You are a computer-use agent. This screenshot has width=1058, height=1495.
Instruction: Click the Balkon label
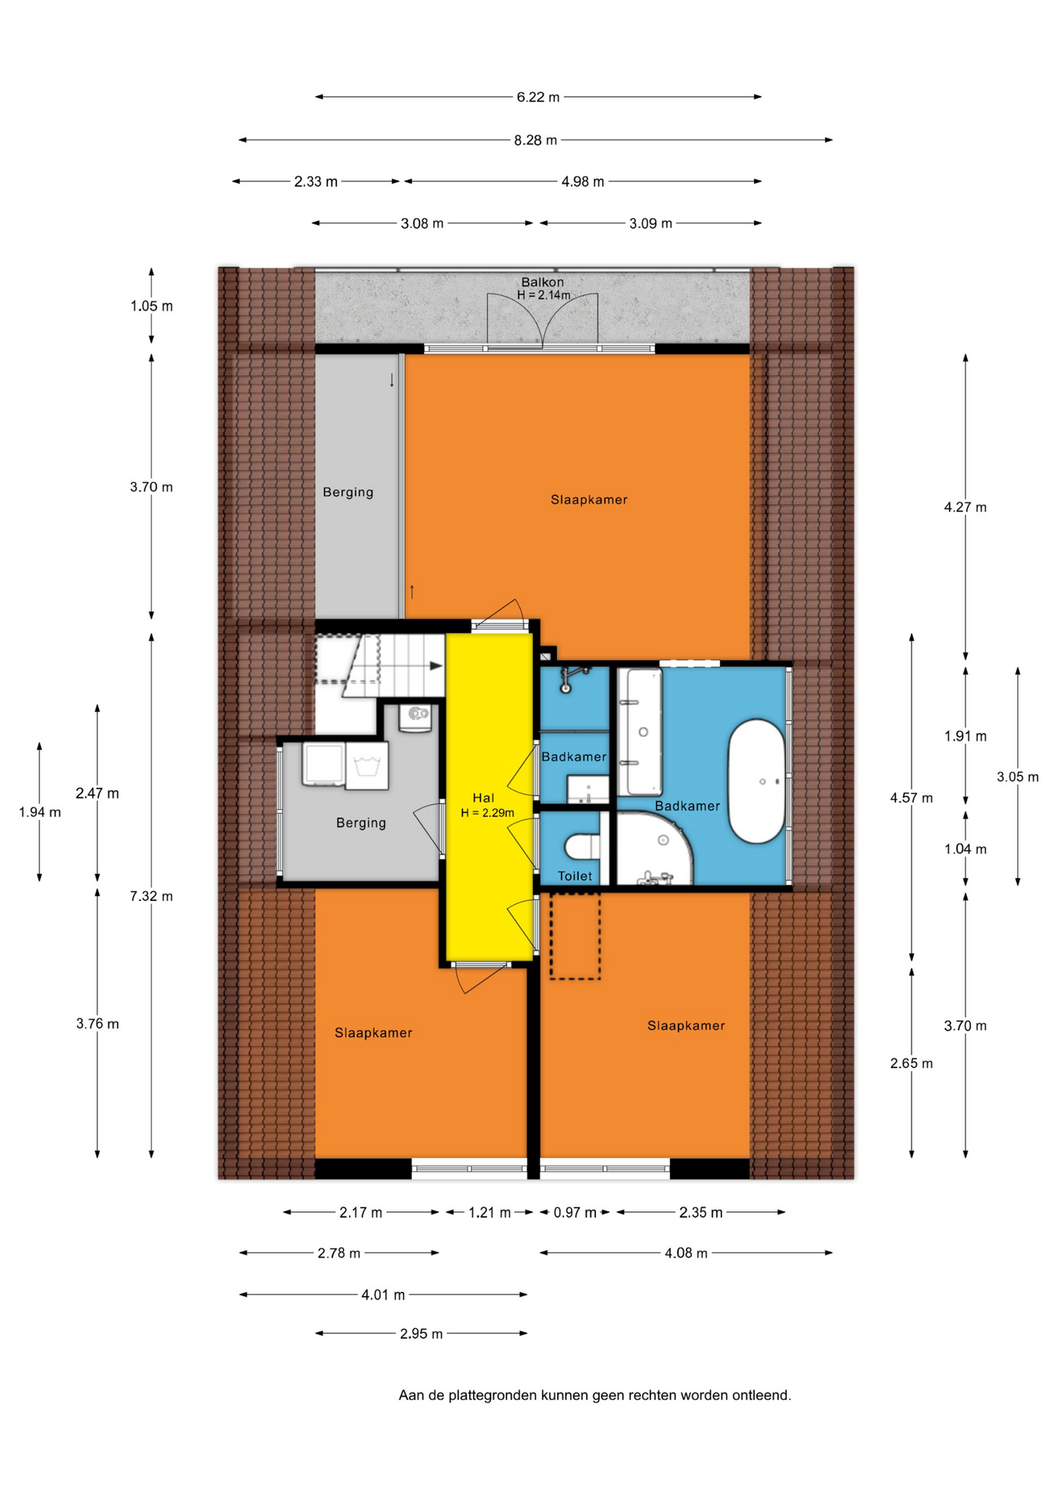[x=542, y=282]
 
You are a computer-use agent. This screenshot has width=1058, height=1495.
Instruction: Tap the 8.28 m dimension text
[x=535, y=140]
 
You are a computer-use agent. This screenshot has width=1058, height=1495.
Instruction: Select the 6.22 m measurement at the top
[x=538, y=97]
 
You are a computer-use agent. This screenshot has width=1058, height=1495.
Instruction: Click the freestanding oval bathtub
[x=756, y=781]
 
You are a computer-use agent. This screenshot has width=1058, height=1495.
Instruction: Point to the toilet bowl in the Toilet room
[x=580, y=846]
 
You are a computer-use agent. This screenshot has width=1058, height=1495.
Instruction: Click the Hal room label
[x=483, y=797]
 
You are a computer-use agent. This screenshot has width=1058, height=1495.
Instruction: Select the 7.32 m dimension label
[x=151, y=896]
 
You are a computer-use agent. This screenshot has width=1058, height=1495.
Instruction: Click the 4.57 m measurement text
[x=912, y=797]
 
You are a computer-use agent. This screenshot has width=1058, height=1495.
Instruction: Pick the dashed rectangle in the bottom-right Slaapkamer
[x=575, y=936]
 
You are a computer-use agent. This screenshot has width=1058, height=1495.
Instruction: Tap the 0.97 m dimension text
[x=575, y=1212]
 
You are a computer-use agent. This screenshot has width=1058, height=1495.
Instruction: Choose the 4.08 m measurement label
[x=686, y=1253]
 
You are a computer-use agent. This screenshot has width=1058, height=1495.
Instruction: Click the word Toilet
[x=575, y=876]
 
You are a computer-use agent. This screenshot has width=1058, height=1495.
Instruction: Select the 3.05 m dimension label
[x=1017, y=776]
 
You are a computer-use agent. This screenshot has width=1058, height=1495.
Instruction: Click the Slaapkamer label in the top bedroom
[x=589, y=500]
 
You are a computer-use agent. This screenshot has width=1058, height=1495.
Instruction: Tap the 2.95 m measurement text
[x=421, y=1334]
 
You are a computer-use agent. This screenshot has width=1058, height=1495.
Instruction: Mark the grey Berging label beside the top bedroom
[x=348, y=492]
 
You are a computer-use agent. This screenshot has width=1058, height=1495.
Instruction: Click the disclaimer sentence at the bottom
[x=595, y=1395]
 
